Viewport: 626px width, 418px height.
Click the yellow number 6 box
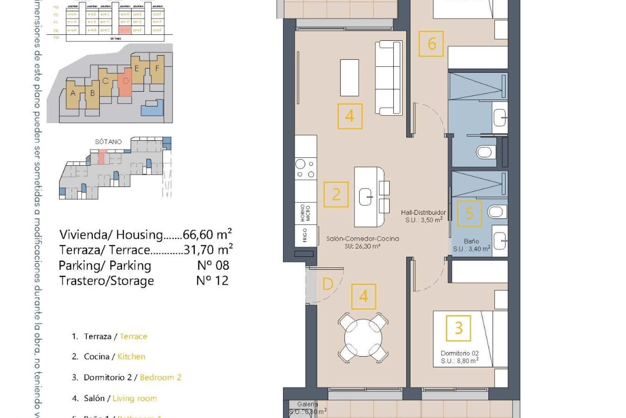431,44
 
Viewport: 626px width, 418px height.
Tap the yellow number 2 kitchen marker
336,195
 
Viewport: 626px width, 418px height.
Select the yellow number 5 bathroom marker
469,213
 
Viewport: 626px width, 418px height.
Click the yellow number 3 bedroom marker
458,328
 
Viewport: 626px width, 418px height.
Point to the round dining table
363,338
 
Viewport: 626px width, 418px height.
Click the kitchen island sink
366,197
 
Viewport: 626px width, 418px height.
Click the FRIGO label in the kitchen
305,235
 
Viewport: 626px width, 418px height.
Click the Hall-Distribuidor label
423,212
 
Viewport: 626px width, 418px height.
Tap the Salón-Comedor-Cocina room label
363,239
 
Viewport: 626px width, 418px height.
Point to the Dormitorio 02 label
459,353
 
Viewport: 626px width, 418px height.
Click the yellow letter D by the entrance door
327,284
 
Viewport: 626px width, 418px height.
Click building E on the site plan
137,69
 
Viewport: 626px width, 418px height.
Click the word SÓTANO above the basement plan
108,142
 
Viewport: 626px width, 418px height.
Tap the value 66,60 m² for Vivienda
207,234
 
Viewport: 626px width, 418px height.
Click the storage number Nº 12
212,281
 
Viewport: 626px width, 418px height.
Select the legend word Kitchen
131,357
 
